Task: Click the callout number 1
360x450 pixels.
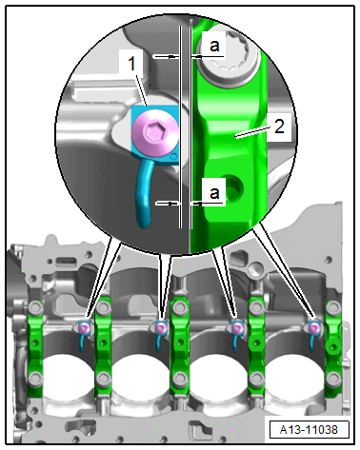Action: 132,63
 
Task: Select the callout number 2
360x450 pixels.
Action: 279,127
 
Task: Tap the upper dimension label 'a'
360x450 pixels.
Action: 214,46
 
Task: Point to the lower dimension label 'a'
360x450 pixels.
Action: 214,192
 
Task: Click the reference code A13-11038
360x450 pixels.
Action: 309,430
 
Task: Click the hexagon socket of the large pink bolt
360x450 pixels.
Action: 155,131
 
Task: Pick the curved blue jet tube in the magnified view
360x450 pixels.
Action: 146,193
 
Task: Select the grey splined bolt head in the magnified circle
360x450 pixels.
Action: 228,58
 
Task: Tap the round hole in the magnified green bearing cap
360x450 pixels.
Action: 235,188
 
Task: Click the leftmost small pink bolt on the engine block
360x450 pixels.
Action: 84,327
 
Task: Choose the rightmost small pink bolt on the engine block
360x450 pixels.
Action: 313,327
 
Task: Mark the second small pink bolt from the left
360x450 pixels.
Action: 160,327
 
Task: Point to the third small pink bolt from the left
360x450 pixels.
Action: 236,327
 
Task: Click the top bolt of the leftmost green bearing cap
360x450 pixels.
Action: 35,308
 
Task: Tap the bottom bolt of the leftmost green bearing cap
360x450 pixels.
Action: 35,379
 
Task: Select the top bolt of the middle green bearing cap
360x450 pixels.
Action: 180,307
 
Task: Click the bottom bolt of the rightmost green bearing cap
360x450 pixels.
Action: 333,379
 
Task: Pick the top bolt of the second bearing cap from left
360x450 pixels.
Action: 103,307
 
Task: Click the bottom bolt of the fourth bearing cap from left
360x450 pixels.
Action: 256,379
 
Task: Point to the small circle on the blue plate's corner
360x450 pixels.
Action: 173,157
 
